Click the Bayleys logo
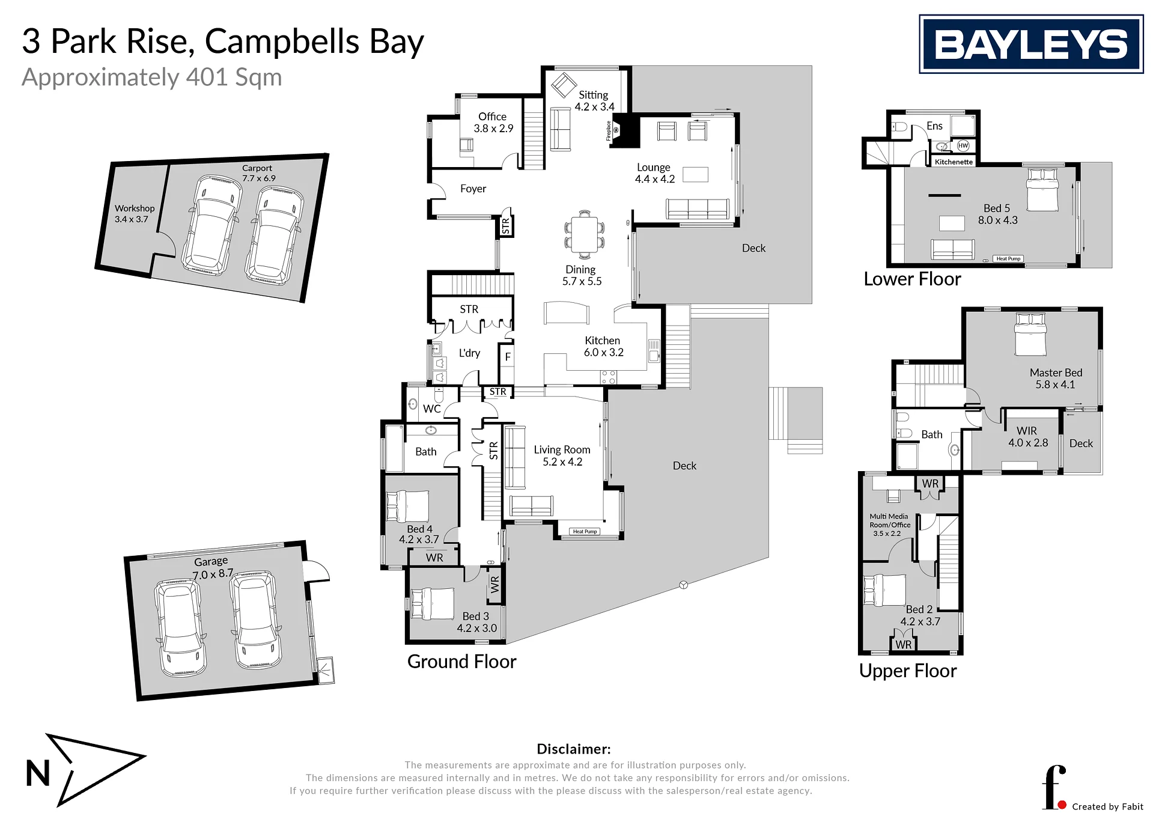coord(1031,44)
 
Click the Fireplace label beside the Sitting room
coord(609,131)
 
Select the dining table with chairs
coord(584,234)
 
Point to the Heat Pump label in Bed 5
coord(1008,259)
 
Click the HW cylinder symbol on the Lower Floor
coord(963,145)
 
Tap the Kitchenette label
coord(954,162)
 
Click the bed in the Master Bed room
coord(1030,334)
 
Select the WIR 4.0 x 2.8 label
coord(1028,437)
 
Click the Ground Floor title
coord(461,662)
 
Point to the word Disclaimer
coord(573,749)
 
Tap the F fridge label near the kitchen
coord(508,357)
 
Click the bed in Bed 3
coord(432,604)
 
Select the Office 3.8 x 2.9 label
coord(493,123)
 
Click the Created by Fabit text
coord(1107,806)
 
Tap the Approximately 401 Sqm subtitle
coord(152,78)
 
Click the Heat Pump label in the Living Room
coord(585,531)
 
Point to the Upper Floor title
coord(907,671)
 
